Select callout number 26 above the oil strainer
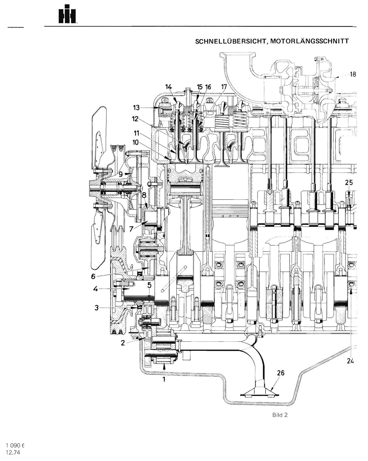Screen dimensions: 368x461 click(281, 373)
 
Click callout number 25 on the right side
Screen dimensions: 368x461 click(349, 183)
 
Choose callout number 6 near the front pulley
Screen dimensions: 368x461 click(93, 277)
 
